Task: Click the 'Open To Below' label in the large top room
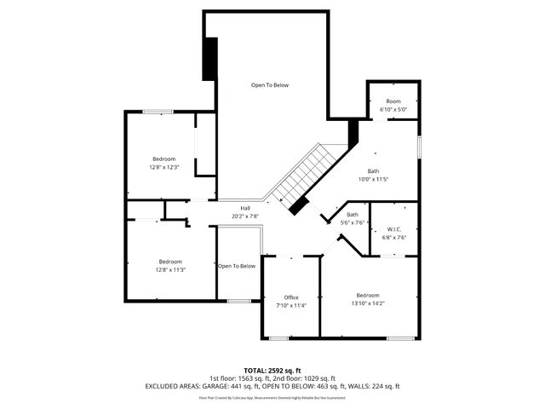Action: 269,85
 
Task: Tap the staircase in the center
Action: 304,176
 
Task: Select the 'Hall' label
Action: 245,208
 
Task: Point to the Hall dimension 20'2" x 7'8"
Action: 245,216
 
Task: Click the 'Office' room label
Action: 291,297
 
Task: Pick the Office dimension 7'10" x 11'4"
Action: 291,305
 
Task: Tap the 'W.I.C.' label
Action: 393,228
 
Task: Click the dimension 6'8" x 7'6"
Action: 393,237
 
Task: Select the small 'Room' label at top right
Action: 393,101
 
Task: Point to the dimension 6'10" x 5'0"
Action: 393,110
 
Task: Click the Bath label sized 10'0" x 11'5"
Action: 373,170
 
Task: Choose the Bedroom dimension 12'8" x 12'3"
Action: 163,168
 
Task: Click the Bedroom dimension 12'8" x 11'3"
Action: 170,270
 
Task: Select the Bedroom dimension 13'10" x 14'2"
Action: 368,303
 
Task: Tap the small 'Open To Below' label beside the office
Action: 236,266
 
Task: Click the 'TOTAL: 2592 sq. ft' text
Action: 272,371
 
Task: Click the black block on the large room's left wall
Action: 209,57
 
